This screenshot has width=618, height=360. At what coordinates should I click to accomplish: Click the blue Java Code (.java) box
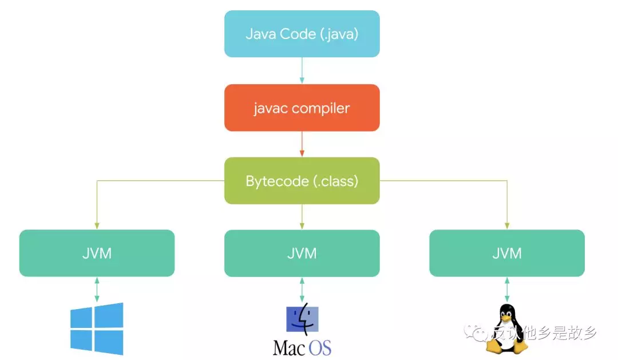tap(302, 34)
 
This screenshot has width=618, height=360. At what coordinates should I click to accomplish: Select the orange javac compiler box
tap(302, 108)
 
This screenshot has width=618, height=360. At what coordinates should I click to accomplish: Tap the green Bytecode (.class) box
tap(302, 181)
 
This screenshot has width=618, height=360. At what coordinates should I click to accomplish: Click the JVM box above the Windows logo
tap(97, 253)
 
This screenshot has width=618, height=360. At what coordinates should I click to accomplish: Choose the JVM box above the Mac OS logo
tap(302, 253)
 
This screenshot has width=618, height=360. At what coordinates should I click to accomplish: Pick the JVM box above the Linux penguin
tap(507, 253)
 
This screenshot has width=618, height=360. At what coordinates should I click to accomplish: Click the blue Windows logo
tap(97, 329)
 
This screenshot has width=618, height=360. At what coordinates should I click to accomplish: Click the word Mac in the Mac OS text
tap(290, 348)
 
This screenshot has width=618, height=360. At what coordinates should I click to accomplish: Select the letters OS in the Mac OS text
tap(320, 348)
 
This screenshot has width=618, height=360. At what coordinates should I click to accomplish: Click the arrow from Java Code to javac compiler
tap(302, 70)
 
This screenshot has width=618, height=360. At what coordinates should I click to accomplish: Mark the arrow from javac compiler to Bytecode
tap(302, 144)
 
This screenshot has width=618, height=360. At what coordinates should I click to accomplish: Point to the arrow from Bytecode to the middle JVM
tap(302, 216)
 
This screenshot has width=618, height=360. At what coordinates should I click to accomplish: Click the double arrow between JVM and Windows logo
tap(97, 290)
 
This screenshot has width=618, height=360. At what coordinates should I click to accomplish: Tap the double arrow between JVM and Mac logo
tap(302, 290)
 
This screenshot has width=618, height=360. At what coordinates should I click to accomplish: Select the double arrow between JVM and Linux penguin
tap(507, 290)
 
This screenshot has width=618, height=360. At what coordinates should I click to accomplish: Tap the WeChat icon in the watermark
tap(476, 333)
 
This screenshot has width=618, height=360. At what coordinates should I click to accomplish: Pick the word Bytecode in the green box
tap(277, 181)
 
